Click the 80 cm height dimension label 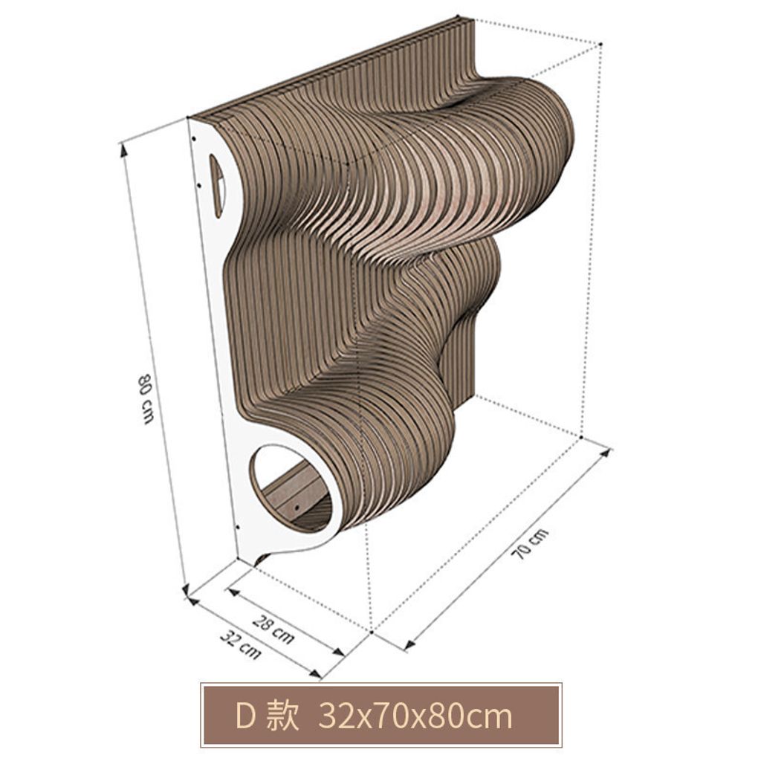coord(145,398)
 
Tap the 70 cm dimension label coord(531,544)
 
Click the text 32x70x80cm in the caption coord(415,716)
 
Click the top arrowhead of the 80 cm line coord(123,149)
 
